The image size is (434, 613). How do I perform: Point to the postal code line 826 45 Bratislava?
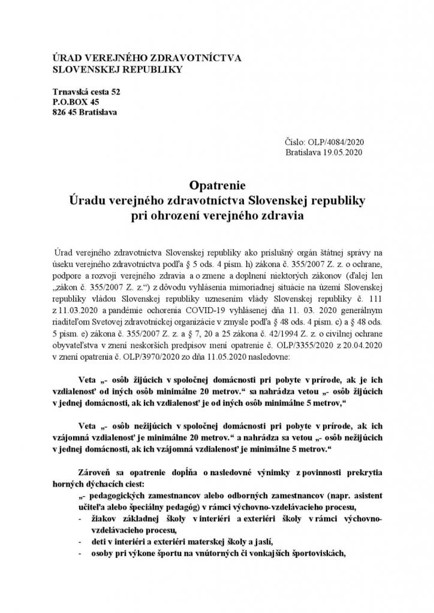point(85,112)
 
